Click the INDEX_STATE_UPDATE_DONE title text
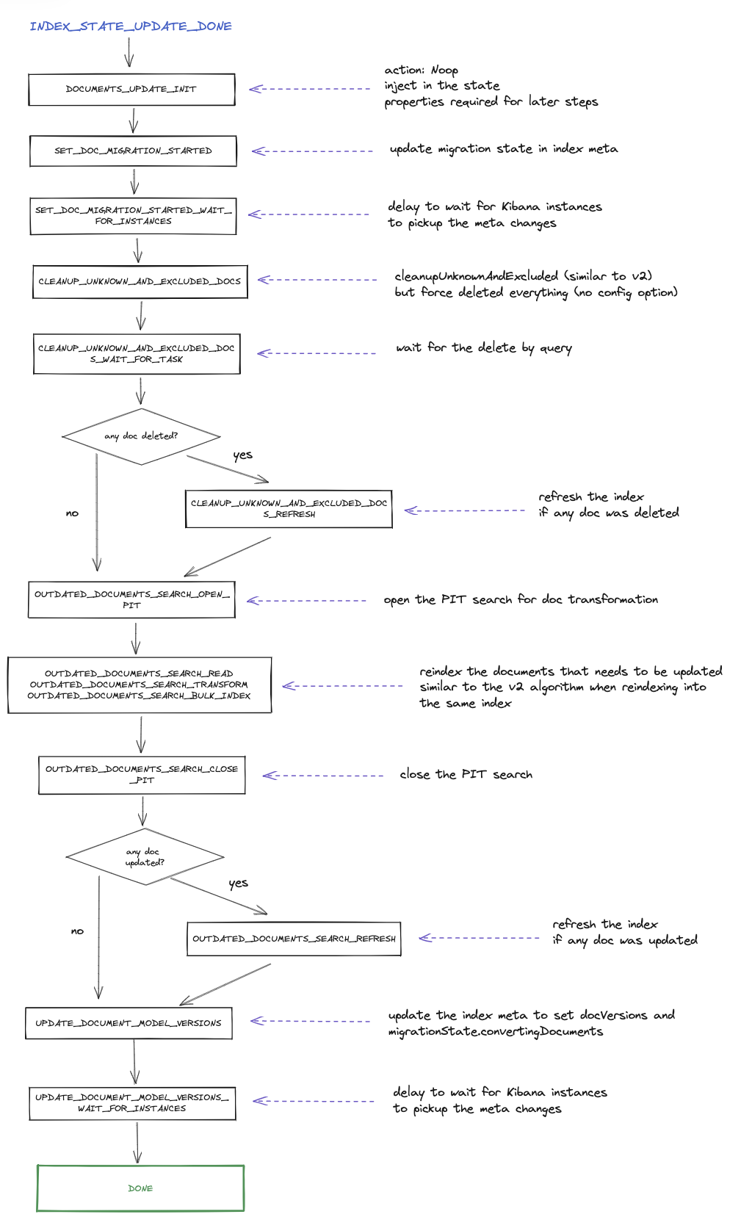pos(131,26)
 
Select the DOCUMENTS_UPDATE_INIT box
pos(132,90)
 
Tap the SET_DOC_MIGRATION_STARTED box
pos(134,151)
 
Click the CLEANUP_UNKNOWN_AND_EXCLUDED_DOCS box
pos(140,282)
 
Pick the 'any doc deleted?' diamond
pos(141,437)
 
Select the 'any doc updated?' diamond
pos(145,857)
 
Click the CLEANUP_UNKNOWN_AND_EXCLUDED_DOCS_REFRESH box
pos(289,509)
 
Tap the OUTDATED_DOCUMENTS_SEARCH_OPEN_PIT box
pos(132,600)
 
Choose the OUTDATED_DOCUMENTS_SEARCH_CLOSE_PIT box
pos(142,775)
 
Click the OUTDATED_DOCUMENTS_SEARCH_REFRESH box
pos(294,939)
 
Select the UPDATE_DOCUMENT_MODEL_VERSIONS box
pos(129,1023)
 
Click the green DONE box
pos(140,1188)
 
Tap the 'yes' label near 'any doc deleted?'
pos(242,455)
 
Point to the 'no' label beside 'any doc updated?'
pos(77,931)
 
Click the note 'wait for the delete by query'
pos(483,348)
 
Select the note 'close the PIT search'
pos(466,775)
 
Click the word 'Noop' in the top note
pos(444,70)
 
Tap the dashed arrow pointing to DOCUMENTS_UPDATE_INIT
pos(310,89)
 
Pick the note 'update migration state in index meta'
pos(503,149)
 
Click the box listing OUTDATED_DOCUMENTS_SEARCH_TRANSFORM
pos(140,685)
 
